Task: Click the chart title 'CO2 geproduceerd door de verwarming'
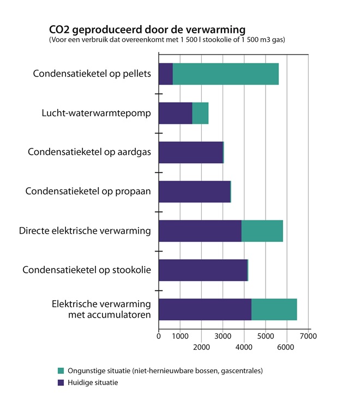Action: click(x=147, y=29)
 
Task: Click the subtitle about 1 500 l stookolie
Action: click(x=167, y=40)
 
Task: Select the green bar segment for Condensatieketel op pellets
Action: click(x=226, y=74)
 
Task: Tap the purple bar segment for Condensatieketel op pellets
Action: click(x=166, y=74)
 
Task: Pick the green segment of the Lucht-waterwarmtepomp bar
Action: click(x=200, y=113)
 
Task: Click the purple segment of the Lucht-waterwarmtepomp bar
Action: click(x=176, y=113)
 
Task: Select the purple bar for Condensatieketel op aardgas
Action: click(x=191, y=152)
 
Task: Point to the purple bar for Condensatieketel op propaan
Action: click(x=195, y=192)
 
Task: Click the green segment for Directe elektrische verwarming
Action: click(x=262, y=231)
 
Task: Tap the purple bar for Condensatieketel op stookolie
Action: click(x=203, y=270)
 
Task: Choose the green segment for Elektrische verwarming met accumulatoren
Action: click(x=274, y=309)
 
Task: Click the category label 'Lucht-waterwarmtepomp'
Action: click(x=96, y=113)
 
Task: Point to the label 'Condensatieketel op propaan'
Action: click(x=88, y=192)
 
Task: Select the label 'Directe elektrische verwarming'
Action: click(x=85, y=231)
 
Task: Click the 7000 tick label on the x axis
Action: click(x=308, y=336)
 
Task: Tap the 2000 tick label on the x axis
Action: click(x=201, y=347)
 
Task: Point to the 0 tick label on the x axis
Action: click(x=159, y=336)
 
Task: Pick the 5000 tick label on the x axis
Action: click(x=266, y=336)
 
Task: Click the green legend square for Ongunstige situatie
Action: click(x=61, y=371)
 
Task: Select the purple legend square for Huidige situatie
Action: click(x=61, y=383)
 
